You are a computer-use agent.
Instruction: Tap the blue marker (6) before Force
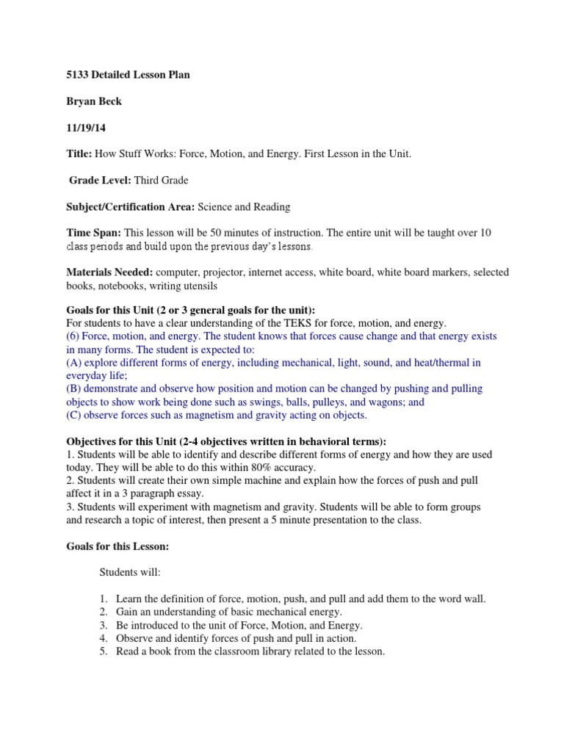(x=73, y=336)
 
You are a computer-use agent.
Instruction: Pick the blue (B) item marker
(x=73, y=388)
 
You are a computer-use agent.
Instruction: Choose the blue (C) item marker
(x=73, y=415)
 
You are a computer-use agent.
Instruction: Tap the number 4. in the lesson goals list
(x=104, y=638)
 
